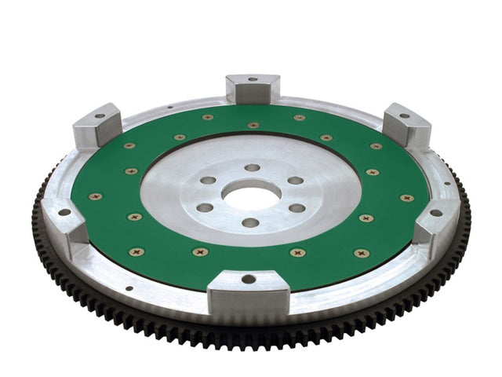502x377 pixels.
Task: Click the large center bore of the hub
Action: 251,194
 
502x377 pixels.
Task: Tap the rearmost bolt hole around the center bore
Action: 252,167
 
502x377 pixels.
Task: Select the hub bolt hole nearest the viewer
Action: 250,223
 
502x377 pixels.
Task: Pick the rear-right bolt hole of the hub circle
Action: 296,180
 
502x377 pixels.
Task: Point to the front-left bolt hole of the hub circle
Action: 205,208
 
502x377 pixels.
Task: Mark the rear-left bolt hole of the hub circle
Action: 208,180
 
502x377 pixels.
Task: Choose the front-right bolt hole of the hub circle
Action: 297,208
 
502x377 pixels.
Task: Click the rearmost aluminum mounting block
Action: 253,87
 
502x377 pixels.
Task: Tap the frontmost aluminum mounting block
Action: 249,287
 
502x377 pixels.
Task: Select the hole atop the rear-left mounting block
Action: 100,116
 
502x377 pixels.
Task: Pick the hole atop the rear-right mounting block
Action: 405,115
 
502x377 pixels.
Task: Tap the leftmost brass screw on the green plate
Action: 95,196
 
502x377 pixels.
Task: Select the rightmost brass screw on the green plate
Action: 407,198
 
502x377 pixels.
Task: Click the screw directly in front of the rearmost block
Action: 253,125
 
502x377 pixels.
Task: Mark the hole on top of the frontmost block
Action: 249,278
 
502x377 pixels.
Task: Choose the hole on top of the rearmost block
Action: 253,79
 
